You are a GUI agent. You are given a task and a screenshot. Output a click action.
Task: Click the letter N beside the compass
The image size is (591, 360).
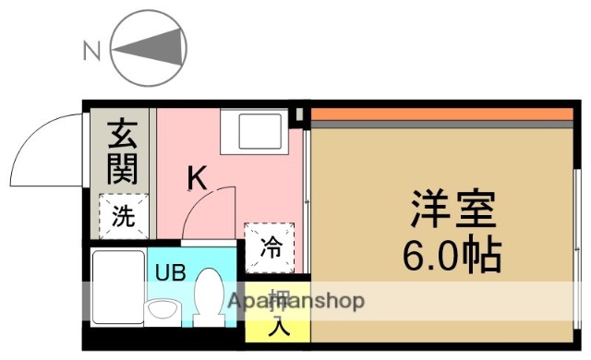click(91, 52)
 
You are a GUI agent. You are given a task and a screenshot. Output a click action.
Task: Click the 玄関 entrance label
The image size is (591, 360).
click(122, 151)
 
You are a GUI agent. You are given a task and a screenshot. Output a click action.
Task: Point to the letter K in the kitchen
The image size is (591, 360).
click(197, 177)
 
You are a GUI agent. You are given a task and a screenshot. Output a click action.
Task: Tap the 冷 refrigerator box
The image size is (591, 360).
click(271, 246)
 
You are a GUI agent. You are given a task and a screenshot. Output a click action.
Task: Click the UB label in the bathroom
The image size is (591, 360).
click(170, 272)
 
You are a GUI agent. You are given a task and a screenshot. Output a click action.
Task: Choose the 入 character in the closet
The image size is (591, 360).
click(276, 324)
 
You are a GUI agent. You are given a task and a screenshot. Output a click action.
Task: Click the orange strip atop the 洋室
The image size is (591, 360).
click(441, 115)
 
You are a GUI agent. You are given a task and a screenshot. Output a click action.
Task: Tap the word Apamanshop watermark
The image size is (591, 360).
click(297, 301)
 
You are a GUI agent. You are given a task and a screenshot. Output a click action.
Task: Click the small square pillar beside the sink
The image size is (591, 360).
click(297, 116)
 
